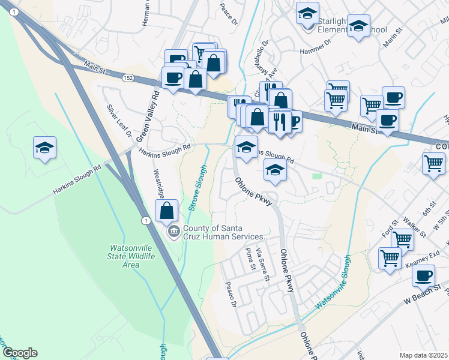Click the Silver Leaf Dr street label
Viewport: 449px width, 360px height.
119,122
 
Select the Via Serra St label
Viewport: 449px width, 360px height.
262,265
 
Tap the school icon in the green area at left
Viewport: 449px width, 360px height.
44,148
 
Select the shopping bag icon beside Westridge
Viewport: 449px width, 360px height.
167,211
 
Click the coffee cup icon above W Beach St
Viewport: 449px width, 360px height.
424,275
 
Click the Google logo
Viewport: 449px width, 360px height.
19,353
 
